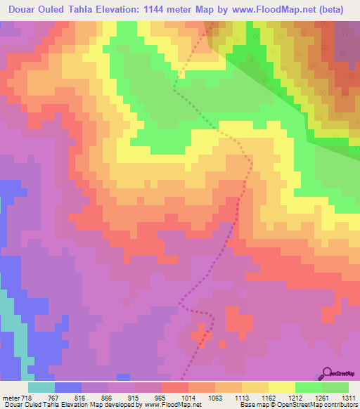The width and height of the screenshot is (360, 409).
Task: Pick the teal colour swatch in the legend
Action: [41, 387]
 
